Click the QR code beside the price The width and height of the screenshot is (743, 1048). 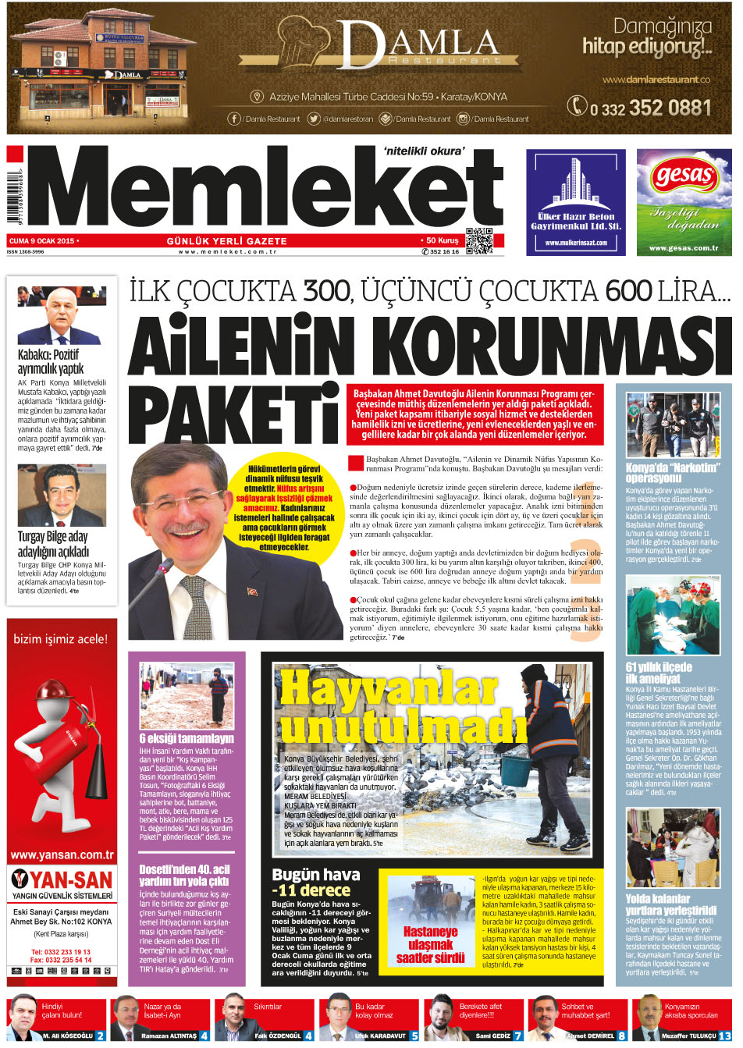click(479, 240)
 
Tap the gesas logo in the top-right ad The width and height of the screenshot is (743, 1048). click(684, 176)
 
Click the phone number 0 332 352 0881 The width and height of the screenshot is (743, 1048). click(641, 108)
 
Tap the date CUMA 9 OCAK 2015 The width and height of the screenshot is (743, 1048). click(43, 241)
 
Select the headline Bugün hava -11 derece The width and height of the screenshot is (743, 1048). click(316, 883)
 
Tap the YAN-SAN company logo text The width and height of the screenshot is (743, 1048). click(62, 879)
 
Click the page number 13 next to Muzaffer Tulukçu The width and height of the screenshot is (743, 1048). click(723, 1036)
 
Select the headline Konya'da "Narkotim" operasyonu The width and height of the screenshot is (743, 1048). click(671, 473)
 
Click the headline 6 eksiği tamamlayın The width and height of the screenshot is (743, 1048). click(187, 738)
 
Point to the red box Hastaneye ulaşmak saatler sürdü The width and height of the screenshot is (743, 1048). click(430, 944)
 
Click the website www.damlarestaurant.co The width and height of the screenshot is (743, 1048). click(656, 80)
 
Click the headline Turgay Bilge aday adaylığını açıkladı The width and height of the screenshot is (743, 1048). click(53, 544)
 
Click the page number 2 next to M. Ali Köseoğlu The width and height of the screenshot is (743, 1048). click(101, 1036)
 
